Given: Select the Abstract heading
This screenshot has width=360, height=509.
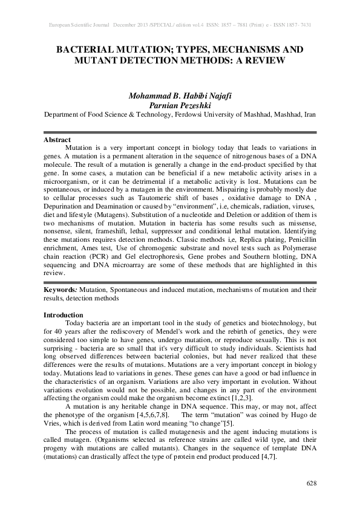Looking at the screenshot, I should click(x=57, y=140).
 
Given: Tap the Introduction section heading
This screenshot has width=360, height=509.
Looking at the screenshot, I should click(x=64, y=315).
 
